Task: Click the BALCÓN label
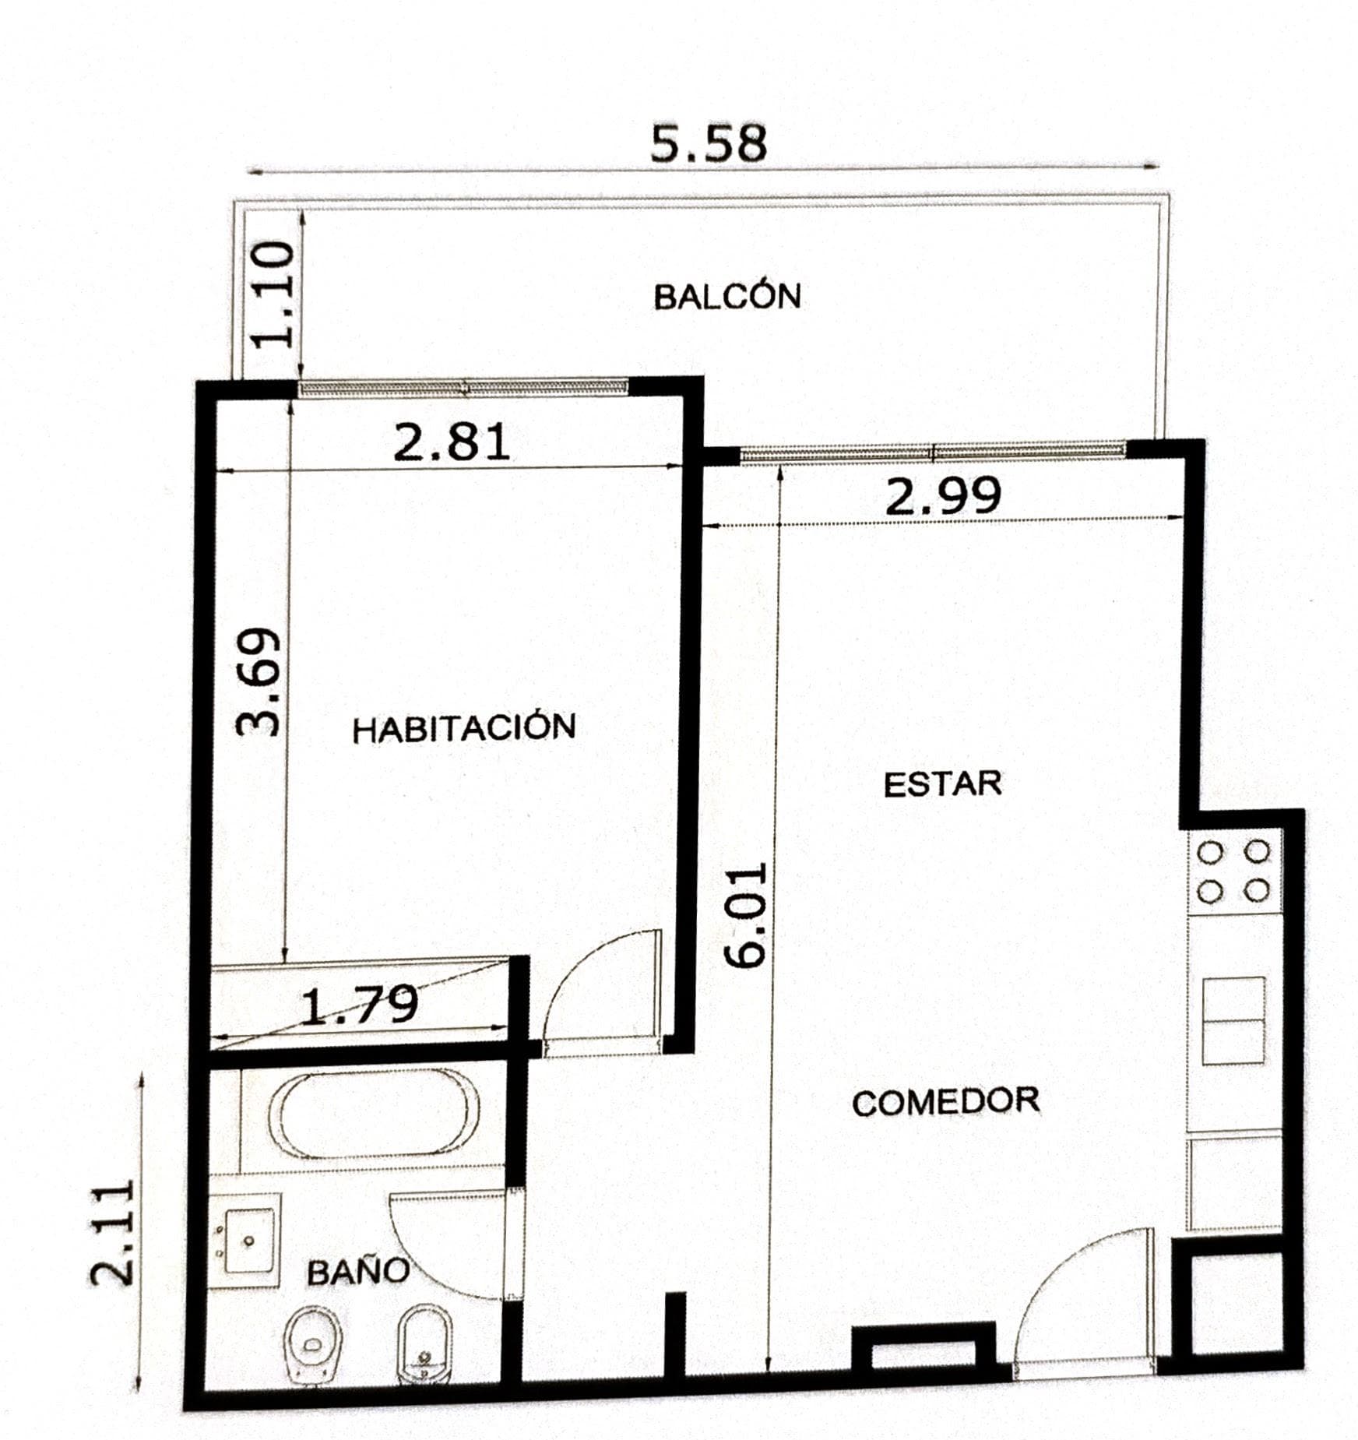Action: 727,296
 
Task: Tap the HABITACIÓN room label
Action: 464,728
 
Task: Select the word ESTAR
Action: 942,783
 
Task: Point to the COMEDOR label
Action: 946,1102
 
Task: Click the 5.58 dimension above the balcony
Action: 709,143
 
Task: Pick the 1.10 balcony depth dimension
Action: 275,294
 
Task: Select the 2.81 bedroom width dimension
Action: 452,442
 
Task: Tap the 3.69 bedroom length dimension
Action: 258,682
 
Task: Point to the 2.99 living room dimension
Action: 943,495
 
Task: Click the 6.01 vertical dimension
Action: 746,914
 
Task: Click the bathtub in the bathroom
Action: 374,1115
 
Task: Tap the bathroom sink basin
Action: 249,1241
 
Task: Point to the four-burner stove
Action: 1233,871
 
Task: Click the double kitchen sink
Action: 1233,1021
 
